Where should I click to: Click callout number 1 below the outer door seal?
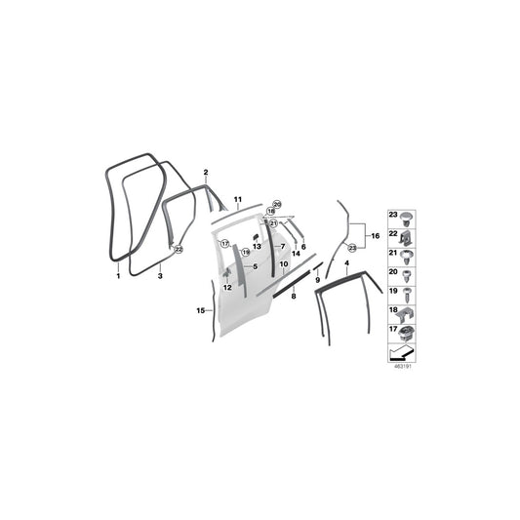pyautogui.click(x=118, y=277)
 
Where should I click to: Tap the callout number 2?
pyautogui.click(x=206, y=173)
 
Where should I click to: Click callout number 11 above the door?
pyautogui.click(x=237, y=199)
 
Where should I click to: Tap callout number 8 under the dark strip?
pyautogui.click(x=293, y=309)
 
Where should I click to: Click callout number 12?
pyautogui.click(x=225, y=287)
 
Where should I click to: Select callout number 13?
pyautogui.click(x=257, y=247)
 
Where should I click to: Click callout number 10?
pyautogui.click(x=284, y=264)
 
